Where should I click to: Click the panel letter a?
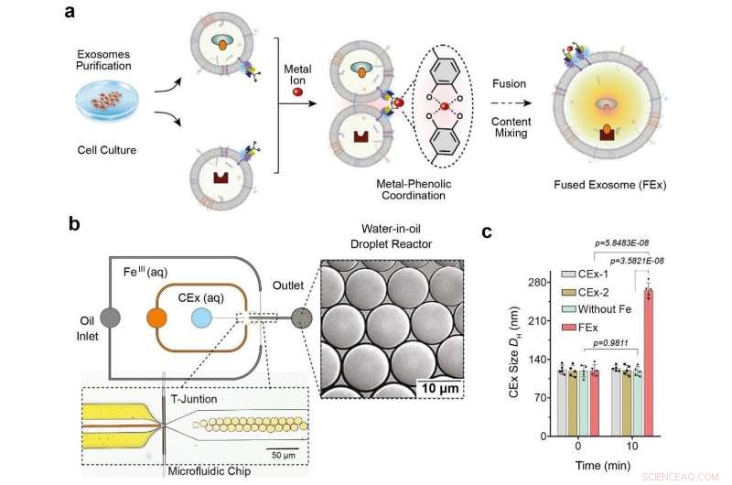(x=70, y=13)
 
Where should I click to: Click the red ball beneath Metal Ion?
(x=296, y=93)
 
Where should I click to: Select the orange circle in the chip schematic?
(x=157, y=318)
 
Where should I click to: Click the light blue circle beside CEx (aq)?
(x=203, y=318)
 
